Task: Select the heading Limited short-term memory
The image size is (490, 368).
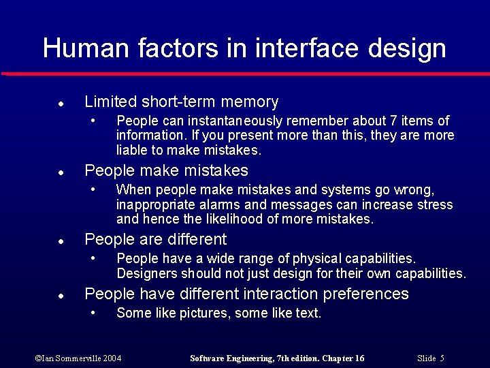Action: pos(181,102)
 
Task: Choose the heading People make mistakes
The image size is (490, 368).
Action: pos(166,170)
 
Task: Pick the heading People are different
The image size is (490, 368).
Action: pos(155,239)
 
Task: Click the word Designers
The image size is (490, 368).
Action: pos(146,274)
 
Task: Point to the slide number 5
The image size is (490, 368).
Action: pos(442,358)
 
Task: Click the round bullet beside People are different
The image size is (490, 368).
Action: pos(61,241)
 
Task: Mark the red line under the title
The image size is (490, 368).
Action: pos(245,73)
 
